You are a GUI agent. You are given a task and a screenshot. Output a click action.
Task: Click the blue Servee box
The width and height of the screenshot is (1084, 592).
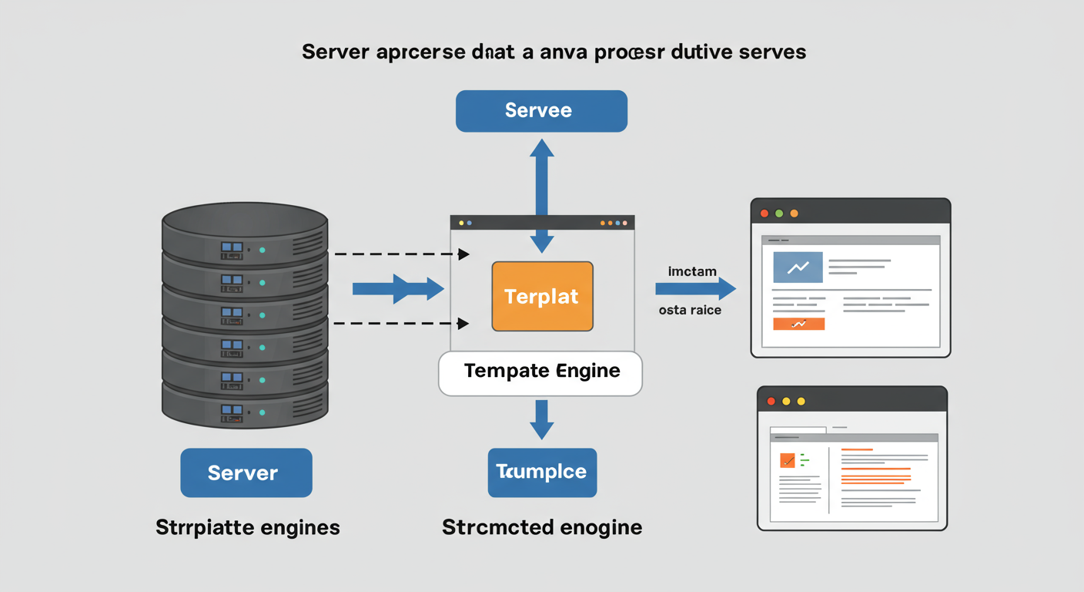pyautogui.click(x=541, y=110)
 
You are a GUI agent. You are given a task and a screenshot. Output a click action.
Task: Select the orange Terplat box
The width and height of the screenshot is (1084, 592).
pyautogui.click(x=542, y=297)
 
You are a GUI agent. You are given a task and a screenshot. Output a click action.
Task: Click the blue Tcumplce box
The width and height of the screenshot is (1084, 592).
pyautogui.click(x=542, y=472)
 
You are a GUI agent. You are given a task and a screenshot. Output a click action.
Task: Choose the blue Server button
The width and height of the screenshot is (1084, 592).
pyautogui.click(x=246, y=473)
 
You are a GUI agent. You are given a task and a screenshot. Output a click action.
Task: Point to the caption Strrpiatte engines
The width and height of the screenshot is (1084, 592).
pyautogui.click(x=248, y=528)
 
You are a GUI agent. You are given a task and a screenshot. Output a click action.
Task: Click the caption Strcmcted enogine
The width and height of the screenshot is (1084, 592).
pyautogui.click(x=542, y=528)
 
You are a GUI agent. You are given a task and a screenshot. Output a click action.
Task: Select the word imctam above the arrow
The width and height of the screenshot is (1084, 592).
pyautogui.click(x=693, y=271)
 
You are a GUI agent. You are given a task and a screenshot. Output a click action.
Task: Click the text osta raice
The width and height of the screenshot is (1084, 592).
pyautogui.click(x=690, y=311)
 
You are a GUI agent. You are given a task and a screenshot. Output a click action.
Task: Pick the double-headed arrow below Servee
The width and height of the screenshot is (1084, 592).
pyautogui.click(x=542, y=196)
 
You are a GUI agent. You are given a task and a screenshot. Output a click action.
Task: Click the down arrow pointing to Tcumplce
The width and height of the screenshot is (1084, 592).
pyautogui.click(x=542, y=419)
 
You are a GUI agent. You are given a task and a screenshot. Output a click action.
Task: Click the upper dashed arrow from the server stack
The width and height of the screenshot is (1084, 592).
pyautogui.click(x=401, y=254)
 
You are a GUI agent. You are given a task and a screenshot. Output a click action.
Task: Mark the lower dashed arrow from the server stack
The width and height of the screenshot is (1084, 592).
pyautogui.click(x=401, y=323)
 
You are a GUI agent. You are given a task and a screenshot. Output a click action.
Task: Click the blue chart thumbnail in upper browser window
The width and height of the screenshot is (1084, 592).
pyautogui.click(x=798, y=267)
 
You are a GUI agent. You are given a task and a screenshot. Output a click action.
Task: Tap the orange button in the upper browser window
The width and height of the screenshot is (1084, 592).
pyautogui.click(x=798, y=324)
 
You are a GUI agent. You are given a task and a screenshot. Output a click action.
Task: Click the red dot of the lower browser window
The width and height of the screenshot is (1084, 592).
pyautogui.click(x=771, y=401)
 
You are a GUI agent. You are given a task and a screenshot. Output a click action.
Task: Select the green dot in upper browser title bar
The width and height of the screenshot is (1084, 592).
pyautogui.click(x=779, y=213)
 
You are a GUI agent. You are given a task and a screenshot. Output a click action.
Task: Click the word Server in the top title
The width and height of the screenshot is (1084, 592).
pyautogui.click(x=335, y=52)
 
